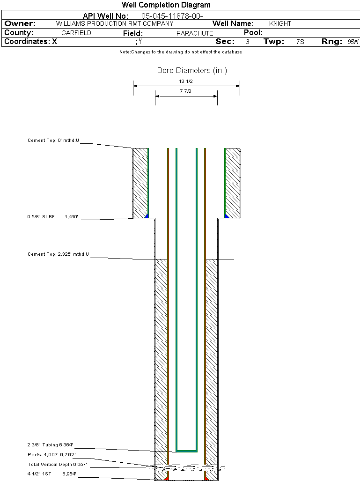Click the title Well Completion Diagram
[166, 5]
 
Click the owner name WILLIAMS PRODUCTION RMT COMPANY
[114, 23]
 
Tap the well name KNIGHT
[280, 23]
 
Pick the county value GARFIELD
[76, 33]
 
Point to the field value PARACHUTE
[195, 33]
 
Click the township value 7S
[300, 42]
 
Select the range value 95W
[353, 42]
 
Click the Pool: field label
[253, 33]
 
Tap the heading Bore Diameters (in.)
[192, 71]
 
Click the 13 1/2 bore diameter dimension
[186, 81]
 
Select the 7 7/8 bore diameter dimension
[186, 91]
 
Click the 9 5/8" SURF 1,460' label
[52, 217]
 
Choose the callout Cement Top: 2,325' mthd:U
[58, 254]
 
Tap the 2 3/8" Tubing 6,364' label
[50, 444]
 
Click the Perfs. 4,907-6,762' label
[51, 454]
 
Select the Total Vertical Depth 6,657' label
[57, 464]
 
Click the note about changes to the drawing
[180, 52]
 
